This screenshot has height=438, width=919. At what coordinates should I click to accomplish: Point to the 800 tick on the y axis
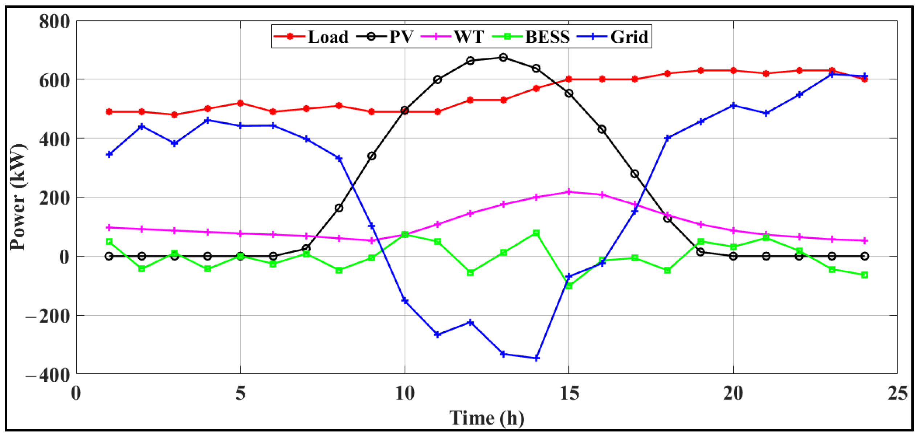tap(54, 21)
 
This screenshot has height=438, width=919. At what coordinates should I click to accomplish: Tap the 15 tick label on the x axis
tap(569, 393)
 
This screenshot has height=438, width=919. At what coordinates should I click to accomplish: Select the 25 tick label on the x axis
tap(897, 393)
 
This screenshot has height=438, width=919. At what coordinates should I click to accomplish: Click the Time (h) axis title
tap(487, 418)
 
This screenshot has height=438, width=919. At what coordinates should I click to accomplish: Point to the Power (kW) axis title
tap(18, 197)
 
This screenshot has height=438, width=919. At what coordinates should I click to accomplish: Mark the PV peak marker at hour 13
tap(503, 57)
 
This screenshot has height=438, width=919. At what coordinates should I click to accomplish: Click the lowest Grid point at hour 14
tap(536, 358)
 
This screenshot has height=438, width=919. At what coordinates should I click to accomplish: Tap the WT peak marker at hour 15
tap(569, 192)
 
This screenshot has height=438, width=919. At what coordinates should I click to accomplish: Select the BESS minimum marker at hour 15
tap(569, 286)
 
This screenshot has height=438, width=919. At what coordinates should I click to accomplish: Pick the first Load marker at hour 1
tap(109, 112)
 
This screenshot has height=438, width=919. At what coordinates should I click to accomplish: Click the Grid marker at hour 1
tap(109, 155)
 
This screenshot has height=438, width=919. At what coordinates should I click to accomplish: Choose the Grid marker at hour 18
tap(667, 138)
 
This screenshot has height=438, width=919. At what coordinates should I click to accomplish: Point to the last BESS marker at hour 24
tap(865, 275)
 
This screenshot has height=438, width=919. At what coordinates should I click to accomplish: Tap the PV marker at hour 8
tap(339, 208)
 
